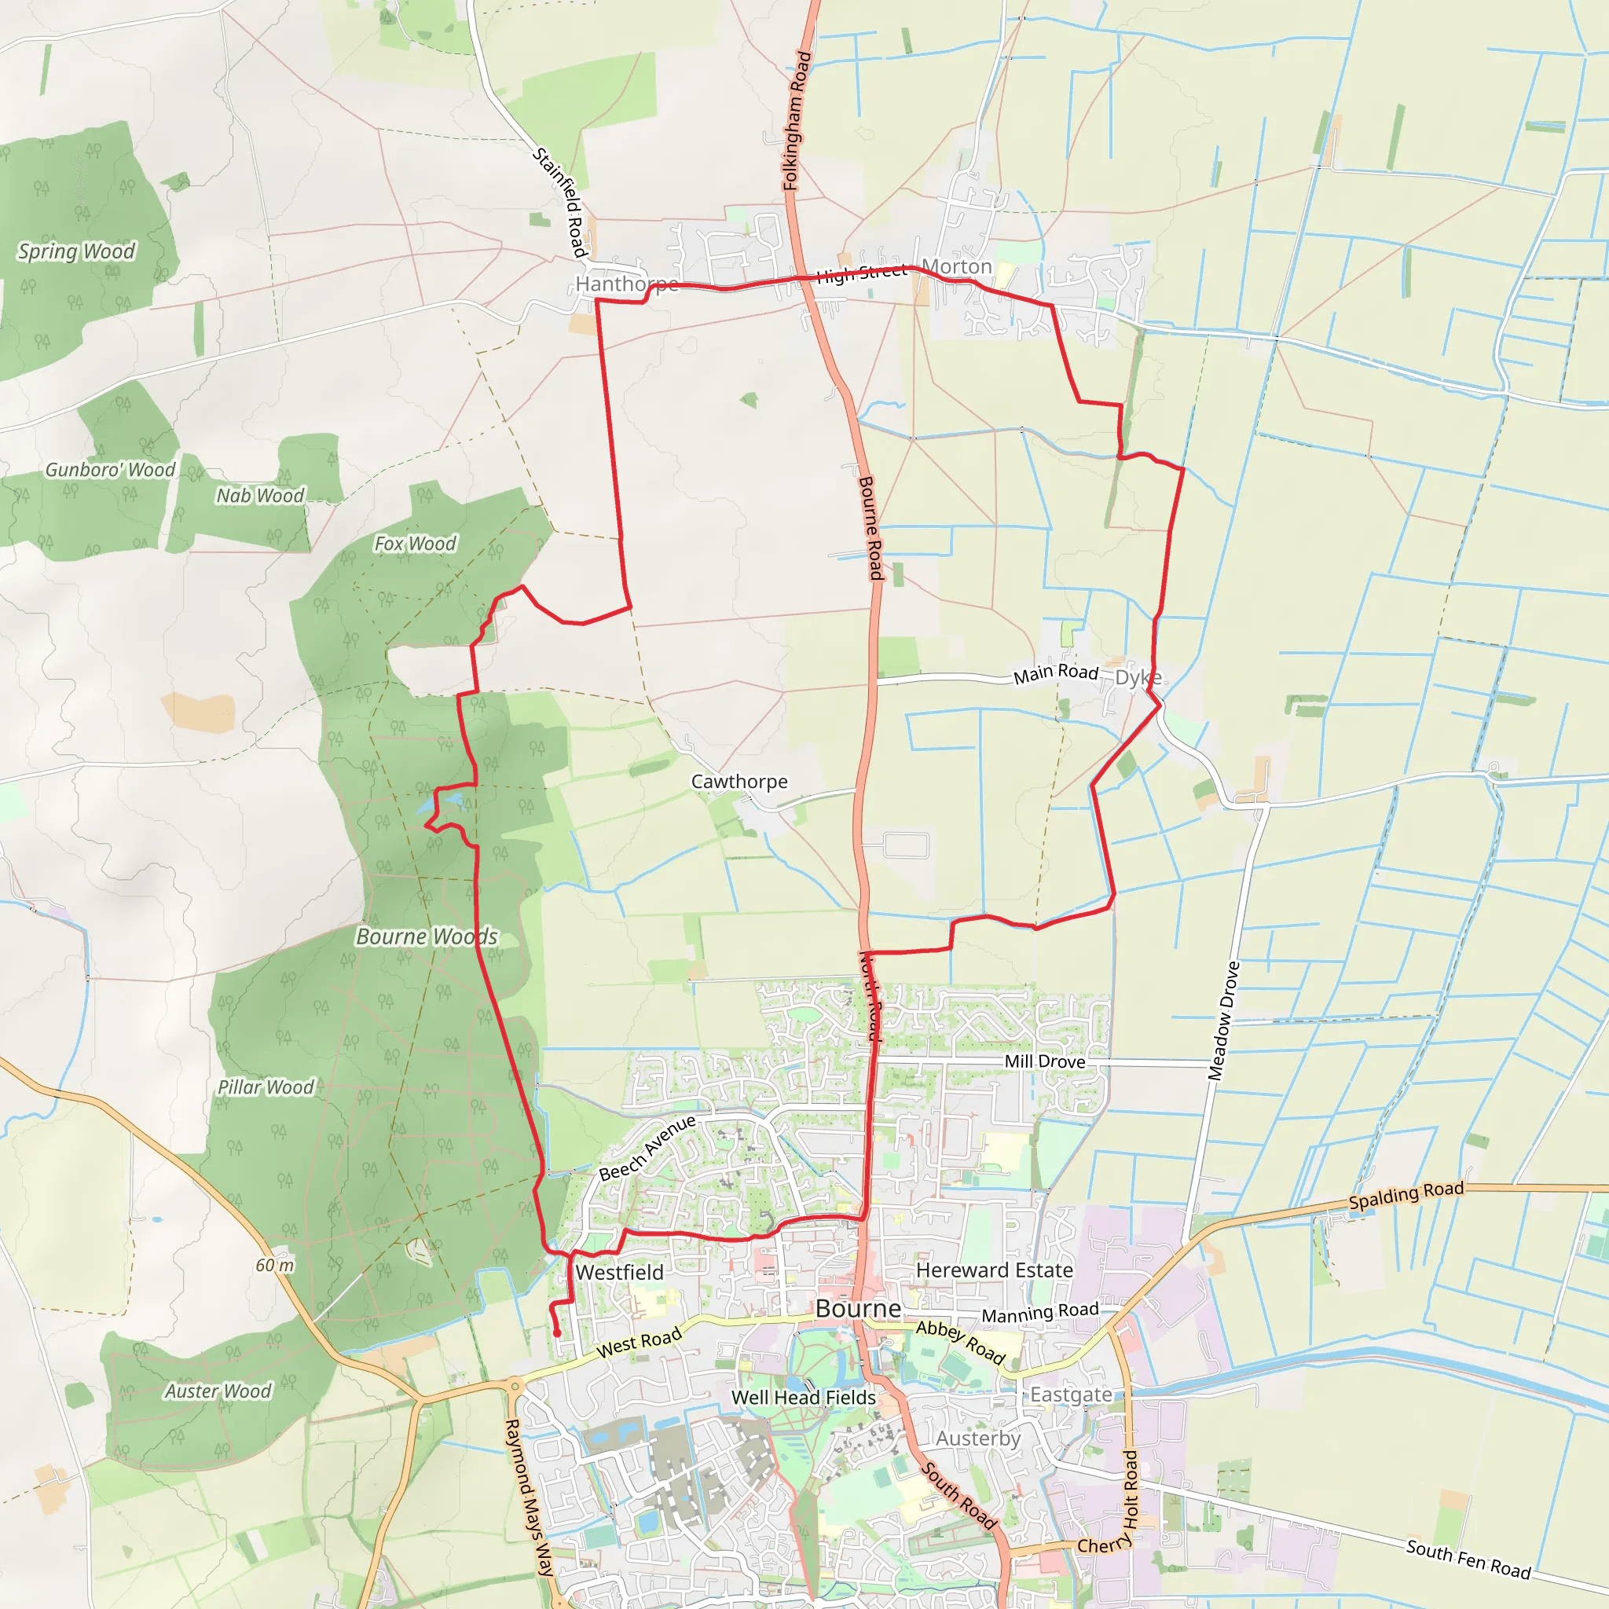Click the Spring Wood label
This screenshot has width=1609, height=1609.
click(77, 251)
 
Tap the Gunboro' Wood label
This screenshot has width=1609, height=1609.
click(110, 470)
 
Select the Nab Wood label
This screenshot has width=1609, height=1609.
click(260, 496)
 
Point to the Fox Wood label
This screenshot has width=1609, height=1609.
click(415, 544)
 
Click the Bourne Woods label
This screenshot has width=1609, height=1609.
click(427, 937)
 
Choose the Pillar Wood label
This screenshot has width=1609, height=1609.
click(266, 1087)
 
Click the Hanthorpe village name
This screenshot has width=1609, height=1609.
click(626, 284)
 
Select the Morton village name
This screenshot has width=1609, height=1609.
click(957, 266)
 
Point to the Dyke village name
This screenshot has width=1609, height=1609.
click(1138, 677)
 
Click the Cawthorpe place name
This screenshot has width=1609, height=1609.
click(739, 781)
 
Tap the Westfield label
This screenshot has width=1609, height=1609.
click(620, 1273)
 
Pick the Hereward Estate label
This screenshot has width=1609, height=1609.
click(994, 1270)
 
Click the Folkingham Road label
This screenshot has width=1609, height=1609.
click(796, 121)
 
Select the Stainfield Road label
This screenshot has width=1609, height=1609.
click(561, 203)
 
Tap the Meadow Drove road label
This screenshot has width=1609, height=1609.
click(1223, 1021)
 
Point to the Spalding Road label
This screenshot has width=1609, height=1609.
click(1406, 1195)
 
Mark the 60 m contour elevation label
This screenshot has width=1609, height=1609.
click(275, 1265)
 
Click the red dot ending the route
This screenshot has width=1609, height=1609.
click(557, 1333)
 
